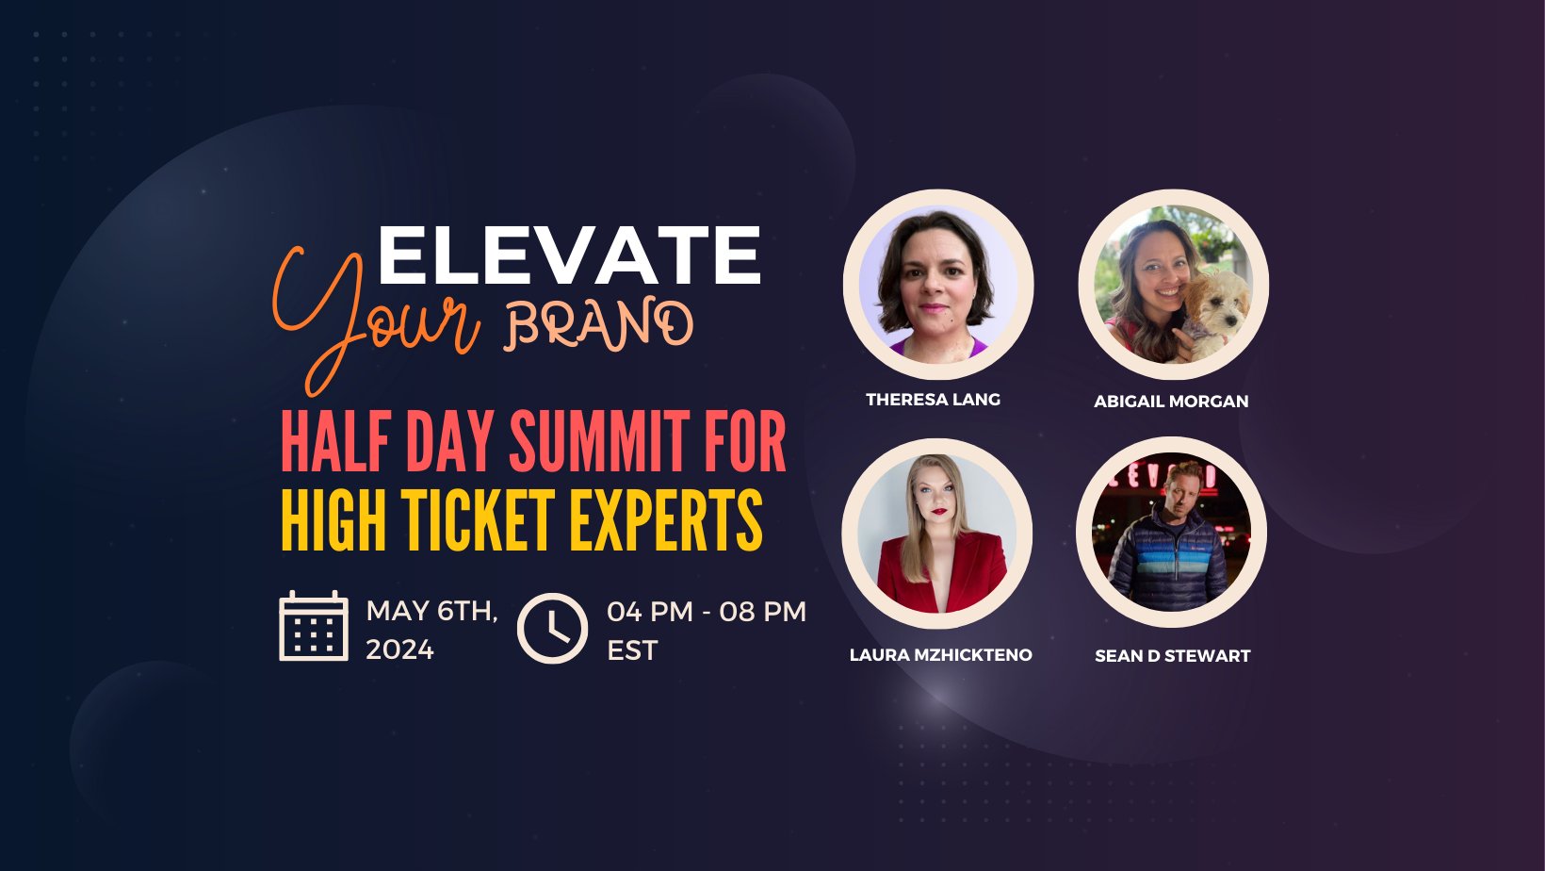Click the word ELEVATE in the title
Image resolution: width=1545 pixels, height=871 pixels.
point(569,255)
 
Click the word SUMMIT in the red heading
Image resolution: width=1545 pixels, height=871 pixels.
point(599,442)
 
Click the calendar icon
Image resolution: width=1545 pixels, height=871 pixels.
point(313,626)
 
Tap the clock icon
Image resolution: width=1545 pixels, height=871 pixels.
point(552,628)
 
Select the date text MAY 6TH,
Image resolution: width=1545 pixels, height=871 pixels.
point(431,612)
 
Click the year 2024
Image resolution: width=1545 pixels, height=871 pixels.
point(400,649)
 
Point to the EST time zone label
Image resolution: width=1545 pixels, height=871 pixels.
point(632,650)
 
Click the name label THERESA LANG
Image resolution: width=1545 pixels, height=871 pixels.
point(934,400)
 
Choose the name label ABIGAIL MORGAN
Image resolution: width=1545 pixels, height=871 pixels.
point(1171,401)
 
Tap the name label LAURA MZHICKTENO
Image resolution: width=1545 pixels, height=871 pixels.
point(941,655)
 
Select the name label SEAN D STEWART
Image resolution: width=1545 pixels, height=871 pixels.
point(1173,656)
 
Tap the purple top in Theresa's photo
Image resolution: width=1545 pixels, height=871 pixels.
point(939,349)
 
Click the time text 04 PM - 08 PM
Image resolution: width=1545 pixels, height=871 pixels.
point(707,612)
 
